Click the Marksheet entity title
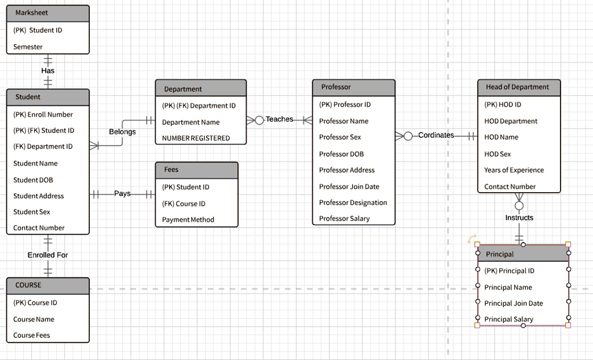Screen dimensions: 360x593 click(x=32, y=13)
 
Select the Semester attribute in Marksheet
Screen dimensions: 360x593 click(x=28, y=47)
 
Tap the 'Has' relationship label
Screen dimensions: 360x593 click(x=48, y=71)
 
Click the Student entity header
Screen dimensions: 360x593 click(x=28, y=97)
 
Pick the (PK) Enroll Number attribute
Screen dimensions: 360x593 click(x=43, y=115)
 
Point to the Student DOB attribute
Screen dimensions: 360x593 click(x=33, y=180)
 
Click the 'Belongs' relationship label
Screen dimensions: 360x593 click(x=122, y=132)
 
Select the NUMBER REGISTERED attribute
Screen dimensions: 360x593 click(x=196, y=138)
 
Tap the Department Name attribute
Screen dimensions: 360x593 click(x=191, y=122)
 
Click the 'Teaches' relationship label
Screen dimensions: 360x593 click(x=280, y=119)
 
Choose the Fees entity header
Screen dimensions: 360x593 click(x=171, y=170)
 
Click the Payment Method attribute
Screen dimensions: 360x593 click(x=188, y=220)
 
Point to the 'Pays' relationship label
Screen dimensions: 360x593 click(x=122, y=193)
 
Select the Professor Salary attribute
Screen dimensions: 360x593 click(x=344, y=219)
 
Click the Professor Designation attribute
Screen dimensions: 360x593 click(x=353, y=203)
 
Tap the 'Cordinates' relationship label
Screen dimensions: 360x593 click(x=436, y=135)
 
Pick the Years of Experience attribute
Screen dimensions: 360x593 click(x=514, y=170)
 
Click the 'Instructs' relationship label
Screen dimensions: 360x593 click(x=519, y=218)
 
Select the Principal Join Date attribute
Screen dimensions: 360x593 click(x=514, y=303)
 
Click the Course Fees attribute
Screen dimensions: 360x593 click(x=32, y=336)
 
